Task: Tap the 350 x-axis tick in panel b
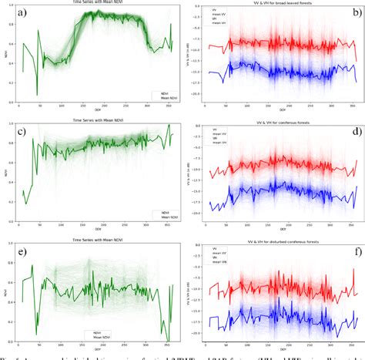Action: coord(343,107)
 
